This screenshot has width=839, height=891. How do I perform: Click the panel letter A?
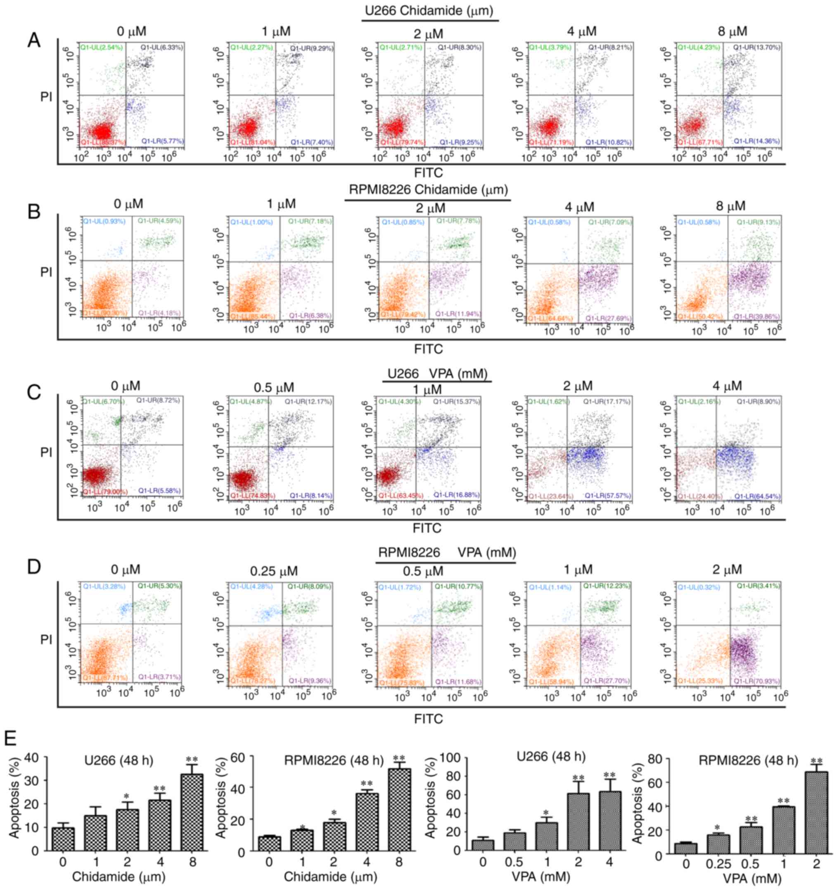click(x=34, y=41)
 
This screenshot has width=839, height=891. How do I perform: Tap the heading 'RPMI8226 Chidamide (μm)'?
click(x=428, y=190)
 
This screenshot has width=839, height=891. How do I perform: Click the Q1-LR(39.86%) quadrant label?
click(x=758, y=316)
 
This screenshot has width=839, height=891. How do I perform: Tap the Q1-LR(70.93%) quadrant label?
click(x=758, y=681)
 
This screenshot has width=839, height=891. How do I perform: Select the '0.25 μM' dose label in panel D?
click(x=274, y=571)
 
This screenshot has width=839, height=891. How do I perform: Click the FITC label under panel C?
click(x=427, y=528)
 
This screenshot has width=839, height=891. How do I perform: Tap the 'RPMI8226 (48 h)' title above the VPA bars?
click(x=748, y=760)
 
